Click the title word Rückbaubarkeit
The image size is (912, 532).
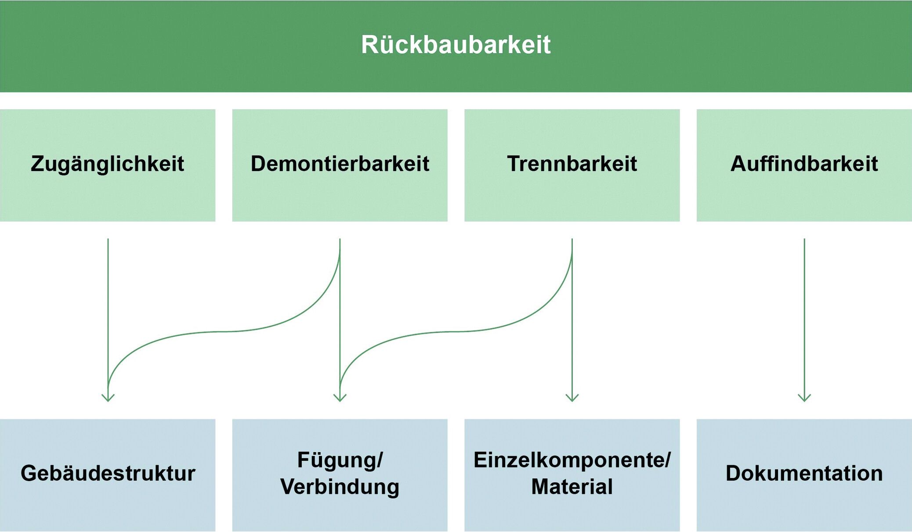point(456,44)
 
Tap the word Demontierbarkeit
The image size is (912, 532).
point(340,164)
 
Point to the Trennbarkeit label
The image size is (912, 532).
point(572,164)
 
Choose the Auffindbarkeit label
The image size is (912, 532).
point(804,164)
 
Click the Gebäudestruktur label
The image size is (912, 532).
point(108,473)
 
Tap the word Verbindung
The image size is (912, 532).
point(340,487)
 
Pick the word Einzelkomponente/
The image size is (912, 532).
point(572,460)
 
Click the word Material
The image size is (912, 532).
point(572,486)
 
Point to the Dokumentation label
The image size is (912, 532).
point(804,473)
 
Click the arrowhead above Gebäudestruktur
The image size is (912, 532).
point(108,398)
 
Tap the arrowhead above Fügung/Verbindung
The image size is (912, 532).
point(340,398)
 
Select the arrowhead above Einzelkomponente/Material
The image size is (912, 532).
point(572,398)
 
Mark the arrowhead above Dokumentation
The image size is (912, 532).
point(804,398)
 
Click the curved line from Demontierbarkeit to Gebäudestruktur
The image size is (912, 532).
point(224,331)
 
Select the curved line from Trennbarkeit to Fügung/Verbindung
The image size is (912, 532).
point(456,331)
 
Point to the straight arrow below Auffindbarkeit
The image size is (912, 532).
point(804,320)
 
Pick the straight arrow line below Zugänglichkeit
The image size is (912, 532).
point(108,320)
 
